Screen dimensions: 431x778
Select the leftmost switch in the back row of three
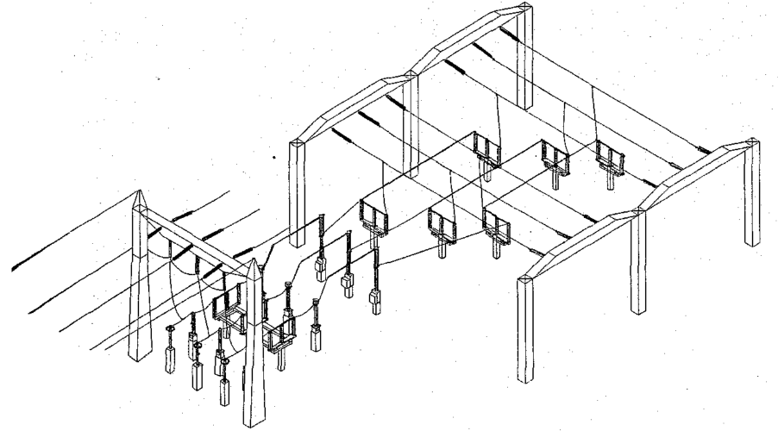[486, 152]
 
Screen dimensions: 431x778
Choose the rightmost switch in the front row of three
[497, 225]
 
